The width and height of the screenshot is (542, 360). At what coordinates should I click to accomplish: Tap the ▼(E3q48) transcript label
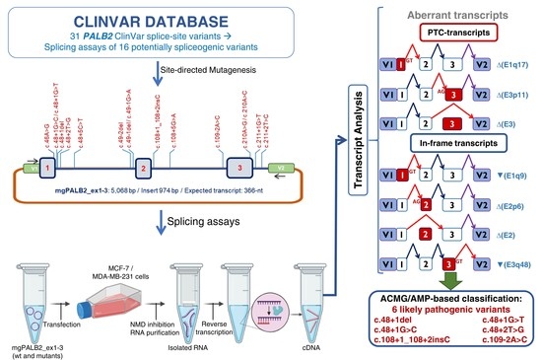coord(513,263)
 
